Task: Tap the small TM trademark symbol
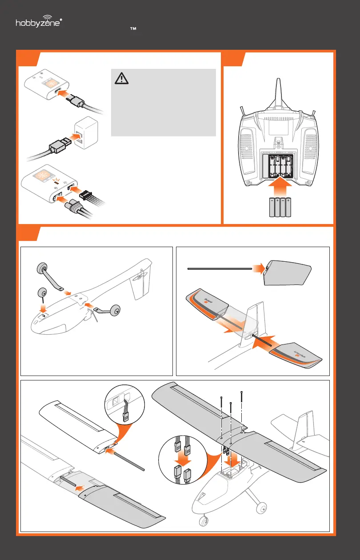[x=132, y=28]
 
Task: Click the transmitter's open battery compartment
[x=278, y=165]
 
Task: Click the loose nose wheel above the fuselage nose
[x=43, y=293]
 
